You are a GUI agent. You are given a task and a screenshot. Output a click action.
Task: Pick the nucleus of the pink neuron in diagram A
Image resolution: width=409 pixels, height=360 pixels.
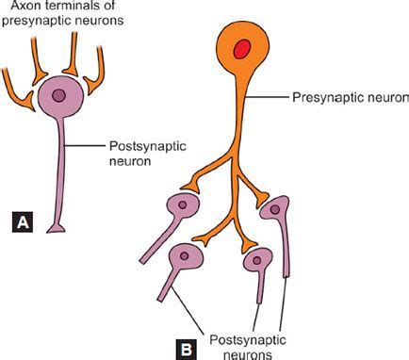[x=59, y=95]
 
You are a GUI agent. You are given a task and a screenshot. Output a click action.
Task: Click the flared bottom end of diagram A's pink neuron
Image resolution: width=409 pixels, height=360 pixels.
[x=61, y=230]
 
